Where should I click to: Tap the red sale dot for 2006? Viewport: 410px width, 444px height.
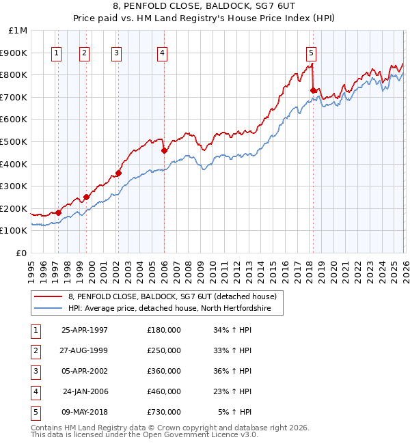164,150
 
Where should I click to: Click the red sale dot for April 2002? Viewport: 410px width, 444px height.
118,173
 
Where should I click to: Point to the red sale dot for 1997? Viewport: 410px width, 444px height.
59,212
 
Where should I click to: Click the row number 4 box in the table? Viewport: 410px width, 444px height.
34,391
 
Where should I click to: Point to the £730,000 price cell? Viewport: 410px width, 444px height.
164,412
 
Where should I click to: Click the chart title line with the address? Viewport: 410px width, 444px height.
205,8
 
